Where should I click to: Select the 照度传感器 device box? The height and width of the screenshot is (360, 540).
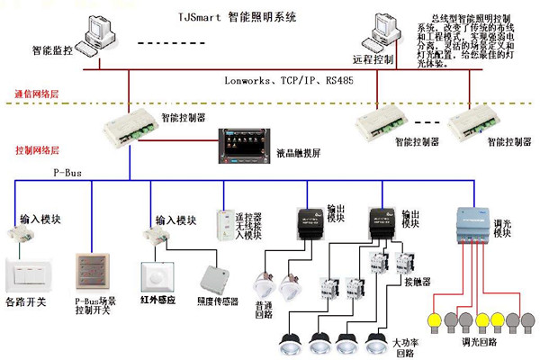click(216, 280)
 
